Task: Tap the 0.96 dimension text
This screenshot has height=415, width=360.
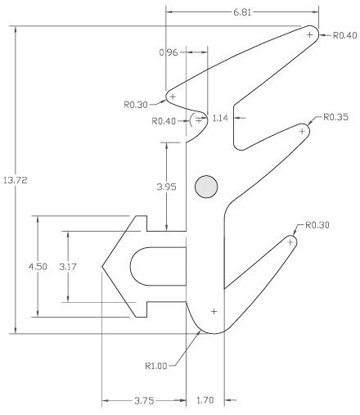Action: [168, 52]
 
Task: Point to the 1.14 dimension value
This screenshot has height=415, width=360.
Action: [219, 119]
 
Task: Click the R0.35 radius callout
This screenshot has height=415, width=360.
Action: [335, 117]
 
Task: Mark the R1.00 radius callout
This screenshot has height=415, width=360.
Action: [156, 366]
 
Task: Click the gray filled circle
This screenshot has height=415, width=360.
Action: [205, 187]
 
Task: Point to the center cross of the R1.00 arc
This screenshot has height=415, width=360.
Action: [214, 311]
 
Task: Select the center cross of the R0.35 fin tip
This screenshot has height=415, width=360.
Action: [302, 131]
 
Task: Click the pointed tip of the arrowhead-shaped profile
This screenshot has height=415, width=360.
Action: [102, 267]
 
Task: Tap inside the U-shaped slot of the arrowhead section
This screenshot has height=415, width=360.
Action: [160, 267]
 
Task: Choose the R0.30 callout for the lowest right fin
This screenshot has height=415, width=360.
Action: [316, 224]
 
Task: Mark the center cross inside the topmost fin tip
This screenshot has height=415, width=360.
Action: [309, 34]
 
